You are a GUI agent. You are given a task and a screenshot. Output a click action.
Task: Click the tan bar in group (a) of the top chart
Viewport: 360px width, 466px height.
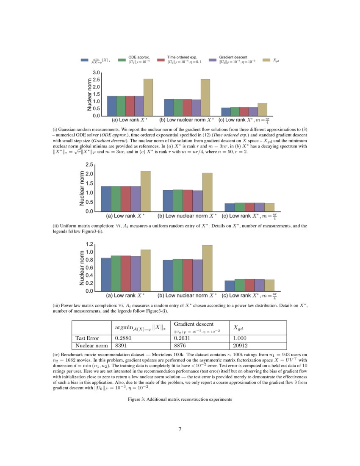[148, 97]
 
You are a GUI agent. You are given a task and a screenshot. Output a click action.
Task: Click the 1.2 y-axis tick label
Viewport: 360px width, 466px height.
[89, 244]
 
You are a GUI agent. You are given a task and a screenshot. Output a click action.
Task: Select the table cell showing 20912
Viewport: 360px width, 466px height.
[240, 346]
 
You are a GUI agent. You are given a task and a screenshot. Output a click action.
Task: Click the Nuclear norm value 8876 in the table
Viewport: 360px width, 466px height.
[180, 346]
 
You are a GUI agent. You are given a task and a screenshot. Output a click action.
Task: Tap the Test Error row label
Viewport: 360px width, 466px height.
[87, 338]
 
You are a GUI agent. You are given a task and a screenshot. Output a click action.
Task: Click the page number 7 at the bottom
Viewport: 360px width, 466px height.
[180, 429]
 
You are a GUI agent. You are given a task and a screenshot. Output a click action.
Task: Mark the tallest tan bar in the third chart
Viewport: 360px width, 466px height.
[208, 268]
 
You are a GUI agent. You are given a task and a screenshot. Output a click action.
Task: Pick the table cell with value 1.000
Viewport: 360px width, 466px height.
[239, 338]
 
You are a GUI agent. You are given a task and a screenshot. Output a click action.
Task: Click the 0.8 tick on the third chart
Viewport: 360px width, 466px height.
[89, 260]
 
